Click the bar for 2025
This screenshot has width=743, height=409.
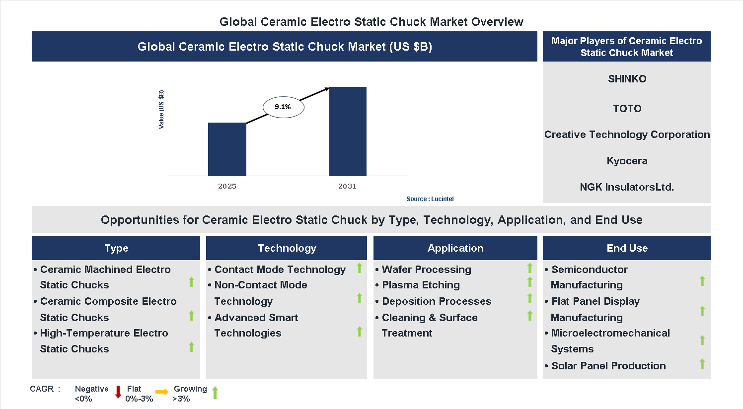[227, 149]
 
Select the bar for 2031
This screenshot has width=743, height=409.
[348, 132]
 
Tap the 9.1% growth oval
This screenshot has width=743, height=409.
[283, 107]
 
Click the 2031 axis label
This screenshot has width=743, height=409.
[347, 186]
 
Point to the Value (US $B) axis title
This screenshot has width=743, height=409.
[161, 110]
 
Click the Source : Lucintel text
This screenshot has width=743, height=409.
[430, 199]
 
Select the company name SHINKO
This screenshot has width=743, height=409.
[627, 79]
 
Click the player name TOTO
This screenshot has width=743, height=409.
[627, 109]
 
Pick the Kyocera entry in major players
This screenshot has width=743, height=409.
[627, 161]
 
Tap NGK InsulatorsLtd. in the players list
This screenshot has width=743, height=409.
[627, 187]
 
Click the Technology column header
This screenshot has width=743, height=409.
[287, 248]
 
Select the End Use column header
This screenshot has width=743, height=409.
[627, 248]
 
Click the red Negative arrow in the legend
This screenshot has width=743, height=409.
[118, 392]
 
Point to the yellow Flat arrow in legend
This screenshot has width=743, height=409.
[162, 392]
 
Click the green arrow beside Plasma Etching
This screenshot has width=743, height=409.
[530, 282]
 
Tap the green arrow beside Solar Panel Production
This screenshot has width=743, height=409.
[702, 364]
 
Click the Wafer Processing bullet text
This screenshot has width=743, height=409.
[426, 270]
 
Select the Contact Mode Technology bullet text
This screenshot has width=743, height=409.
[280, 270]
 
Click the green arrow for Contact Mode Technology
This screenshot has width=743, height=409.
[360, 269]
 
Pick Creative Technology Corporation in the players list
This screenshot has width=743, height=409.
[627, 135]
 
